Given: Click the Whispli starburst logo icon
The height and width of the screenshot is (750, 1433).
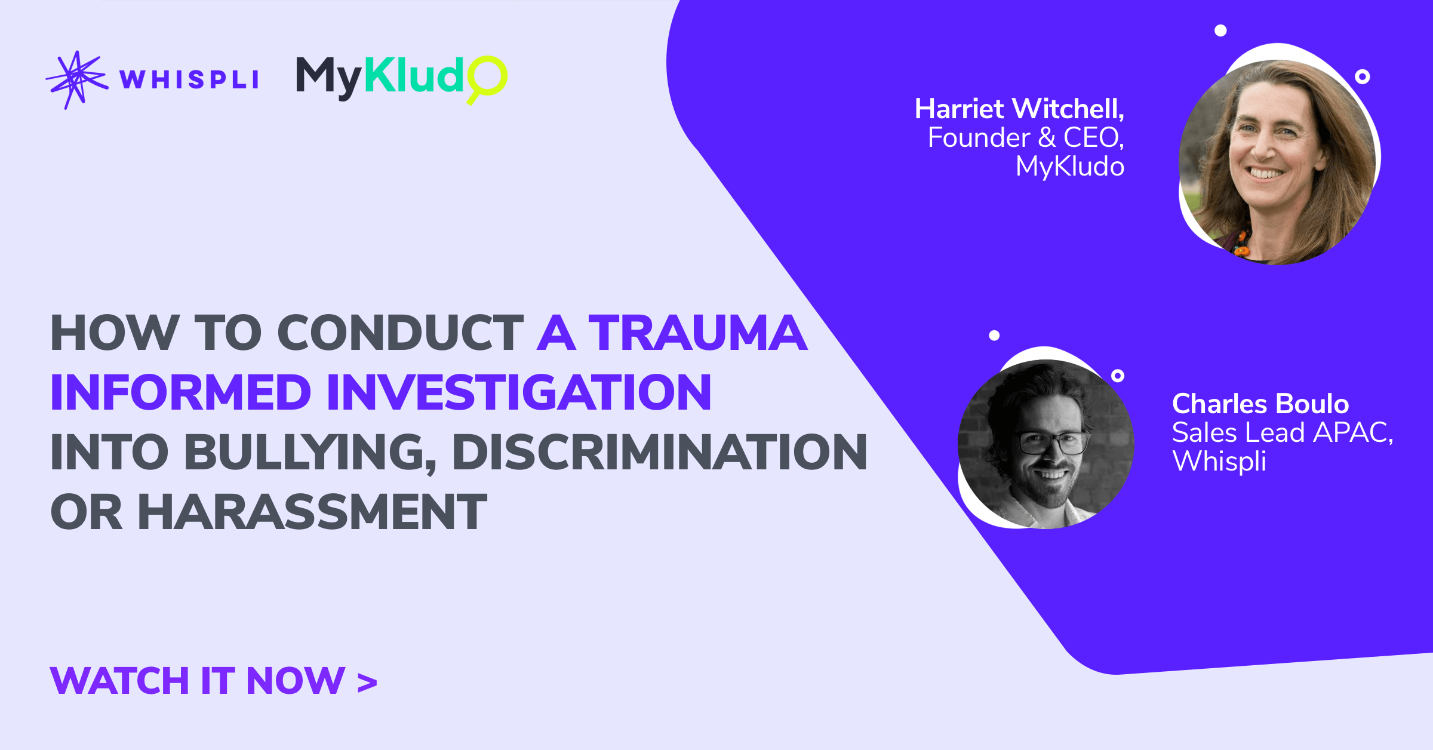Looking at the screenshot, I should [76, 79].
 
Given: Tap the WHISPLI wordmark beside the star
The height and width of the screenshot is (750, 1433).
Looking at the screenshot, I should [189, 79].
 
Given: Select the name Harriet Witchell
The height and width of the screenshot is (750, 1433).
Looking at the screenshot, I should [1019, 109].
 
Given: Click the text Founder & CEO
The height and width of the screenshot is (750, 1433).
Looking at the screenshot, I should [1025, 138].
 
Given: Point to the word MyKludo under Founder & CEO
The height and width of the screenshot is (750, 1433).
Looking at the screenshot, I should [1069, 167].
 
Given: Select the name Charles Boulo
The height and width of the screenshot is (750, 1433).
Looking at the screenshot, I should [1260, 404].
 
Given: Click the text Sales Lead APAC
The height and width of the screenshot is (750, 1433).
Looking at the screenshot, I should [1282, 433].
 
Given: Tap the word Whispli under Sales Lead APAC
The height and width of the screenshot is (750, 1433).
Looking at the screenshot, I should [1219, 461].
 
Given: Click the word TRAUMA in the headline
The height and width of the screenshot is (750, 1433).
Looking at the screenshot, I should [698, 333].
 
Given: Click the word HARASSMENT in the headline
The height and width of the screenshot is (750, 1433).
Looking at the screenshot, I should [312, 512].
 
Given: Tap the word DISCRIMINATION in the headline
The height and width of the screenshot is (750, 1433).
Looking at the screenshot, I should [659, 452].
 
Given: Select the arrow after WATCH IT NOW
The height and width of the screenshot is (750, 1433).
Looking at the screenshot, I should [367, 683].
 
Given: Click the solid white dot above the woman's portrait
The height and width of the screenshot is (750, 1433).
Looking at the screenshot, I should [1220, 30].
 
